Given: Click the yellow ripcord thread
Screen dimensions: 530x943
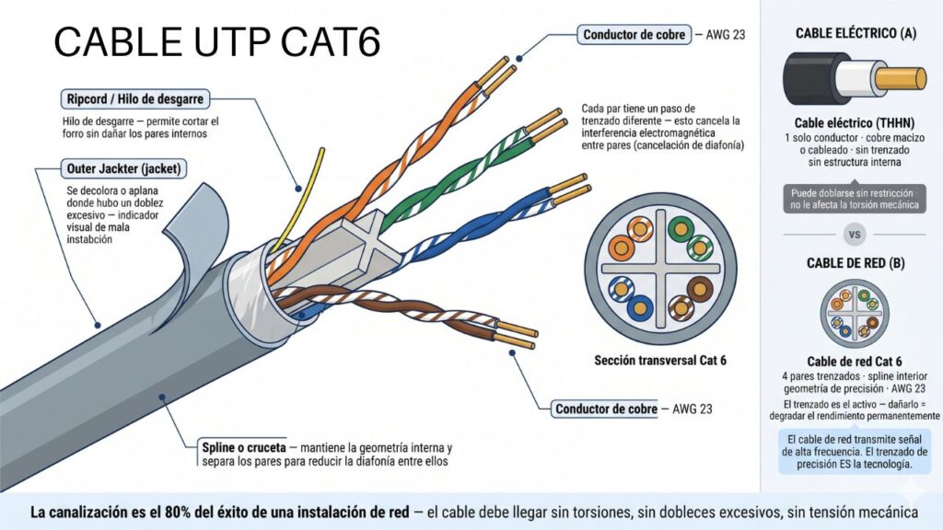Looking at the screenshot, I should [309, 188].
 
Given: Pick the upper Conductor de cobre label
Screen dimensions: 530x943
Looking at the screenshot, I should [634, 35].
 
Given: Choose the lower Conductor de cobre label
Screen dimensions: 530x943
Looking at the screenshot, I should [605, 408].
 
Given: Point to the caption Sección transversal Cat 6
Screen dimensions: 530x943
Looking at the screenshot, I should [660, 360].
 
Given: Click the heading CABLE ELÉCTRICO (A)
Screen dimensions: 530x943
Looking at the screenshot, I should [855, 33].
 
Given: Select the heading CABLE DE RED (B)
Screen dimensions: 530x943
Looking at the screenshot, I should [855, 263].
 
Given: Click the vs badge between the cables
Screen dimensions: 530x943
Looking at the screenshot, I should [854, 235].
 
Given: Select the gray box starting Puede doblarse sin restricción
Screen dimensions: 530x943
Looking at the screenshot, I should [854, 200].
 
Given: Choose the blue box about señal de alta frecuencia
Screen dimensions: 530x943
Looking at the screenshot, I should [854, 452].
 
